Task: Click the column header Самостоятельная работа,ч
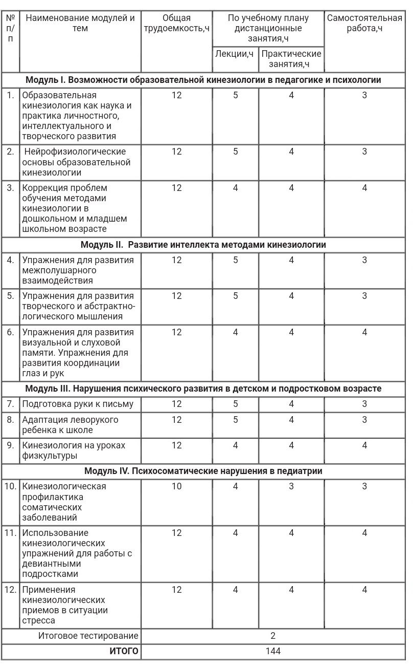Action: click(364, 24)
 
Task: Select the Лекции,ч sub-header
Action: click(235, 54)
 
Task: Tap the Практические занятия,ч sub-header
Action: click(291, 59)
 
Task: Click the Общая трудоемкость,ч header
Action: click(176, 24)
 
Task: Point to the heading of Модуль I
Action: click(203, 80)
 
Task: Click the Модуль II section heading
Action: click(203, 245)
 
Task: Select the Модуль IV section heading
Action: click(203, 471)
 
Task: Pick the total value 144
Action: click(273, 651)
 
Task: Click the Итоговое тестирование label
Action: click(88, 636)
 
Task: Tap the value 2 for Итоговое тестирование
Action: click(273, 636)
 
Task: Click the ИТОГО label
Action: click(124, 651)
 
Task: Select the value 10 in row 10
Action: click(176, 486)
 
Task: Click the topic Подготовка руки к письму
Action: click(78, 404)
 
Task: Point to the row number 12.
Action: click(11, 590)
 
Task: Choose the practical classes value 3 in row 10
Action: click(291, 486)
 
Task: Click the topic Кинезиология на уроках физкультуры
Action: click(74, 450)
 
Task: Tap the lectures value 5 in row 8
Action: click(235, 420)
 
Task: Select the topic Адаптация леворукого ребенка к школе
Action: click(71, 425)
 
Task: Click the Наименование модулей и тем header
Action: click(80, 24)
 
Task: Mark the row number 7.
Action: click(11, 404)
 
